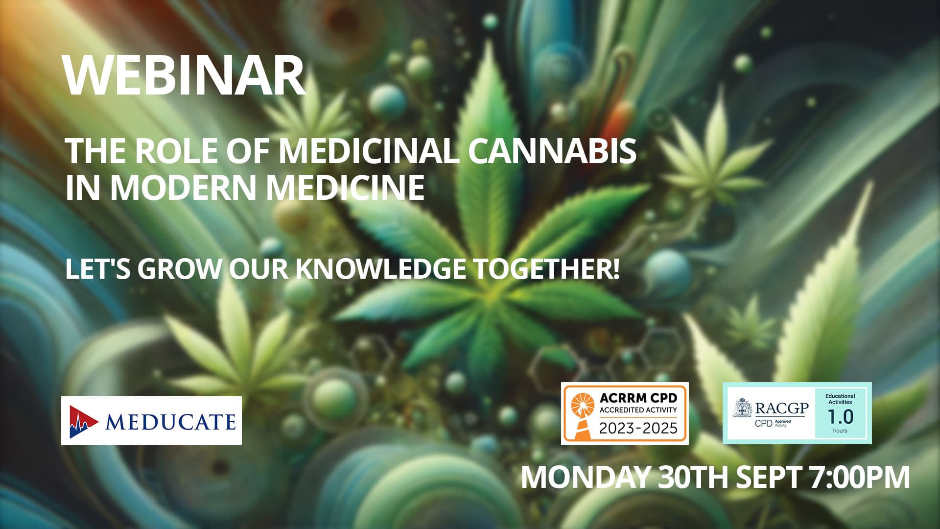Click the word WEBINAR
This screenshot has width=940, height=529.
[x=184, y=76]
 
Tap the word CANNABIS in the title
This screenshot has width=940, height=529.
[x=552, y=151]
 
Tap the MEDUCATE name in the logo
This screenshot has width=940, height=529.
[x=170, y=422]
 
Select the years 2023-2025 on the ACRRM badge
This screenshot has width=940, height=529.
[x=638, y=429]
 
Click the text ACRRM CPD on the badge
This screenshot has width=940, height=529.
[x=638, y=398]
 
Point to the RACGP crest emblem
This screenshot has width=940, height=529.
[x=743, y=408]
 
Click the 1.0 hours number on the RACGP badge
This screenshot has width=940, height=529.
[x=840, y=417]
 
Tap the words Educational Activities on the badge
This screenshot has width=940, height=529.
[x=840, y=399]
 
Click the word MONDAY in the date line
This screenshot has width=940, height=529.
[x=585, y=477]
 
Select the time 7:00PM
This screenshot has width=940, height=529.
[x=860, y=477]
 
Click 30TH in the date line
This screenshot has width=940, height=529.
[x=693, y=477]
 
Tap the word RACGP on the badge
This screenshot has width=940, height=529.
[x=782, y=408]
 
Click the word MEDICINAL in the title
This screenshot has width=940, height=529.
[x=369, y=151]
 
